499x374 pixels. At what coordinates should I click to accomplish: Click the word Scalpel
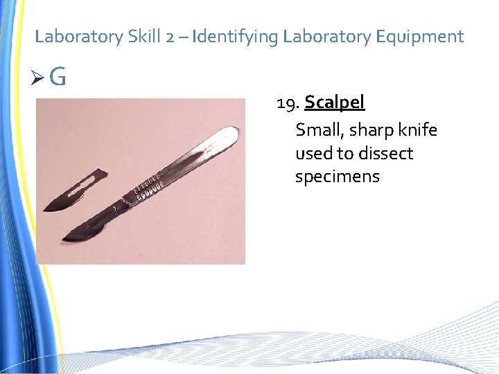(x=334, y=103)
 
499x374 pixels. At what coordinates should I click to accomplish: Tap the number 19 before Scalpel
(x=287, y=104)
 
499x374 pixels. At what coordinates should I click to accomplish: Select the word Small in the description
(x=319, y=130)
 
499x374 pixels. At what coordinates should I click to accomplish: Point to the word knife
(x=418, y=130)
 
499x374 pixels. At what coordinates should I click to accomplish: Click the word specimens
(x=338, y=177)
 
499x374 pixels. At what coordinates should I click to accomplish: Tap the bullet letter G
(x=58, y=78)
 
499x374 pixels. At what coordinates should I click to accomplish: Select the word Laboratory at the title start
(x=78, y=37)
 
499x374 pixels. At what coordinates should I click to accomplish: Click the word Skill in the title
(x=144, y=37)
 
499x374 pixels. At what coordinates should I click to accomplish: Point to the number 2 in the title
(x=170, y=37)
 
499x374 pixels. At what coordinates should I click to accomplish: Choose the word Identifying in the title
(x=236, y=37)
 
